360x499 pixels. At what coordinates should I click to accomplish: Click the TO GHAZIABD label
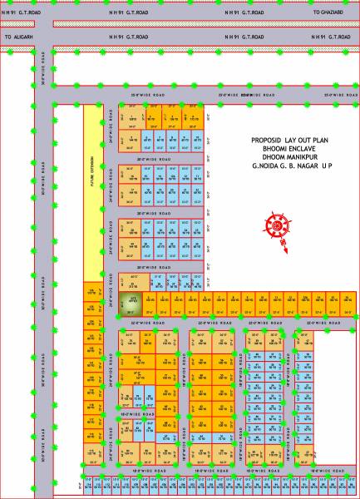tap(330, 14)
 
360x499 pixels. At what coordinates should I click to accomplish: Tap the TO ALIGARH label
tap(19, 38)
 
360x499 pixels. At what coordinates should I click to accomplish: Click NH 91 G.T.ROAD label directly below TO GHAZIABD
tap(330, 38)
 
